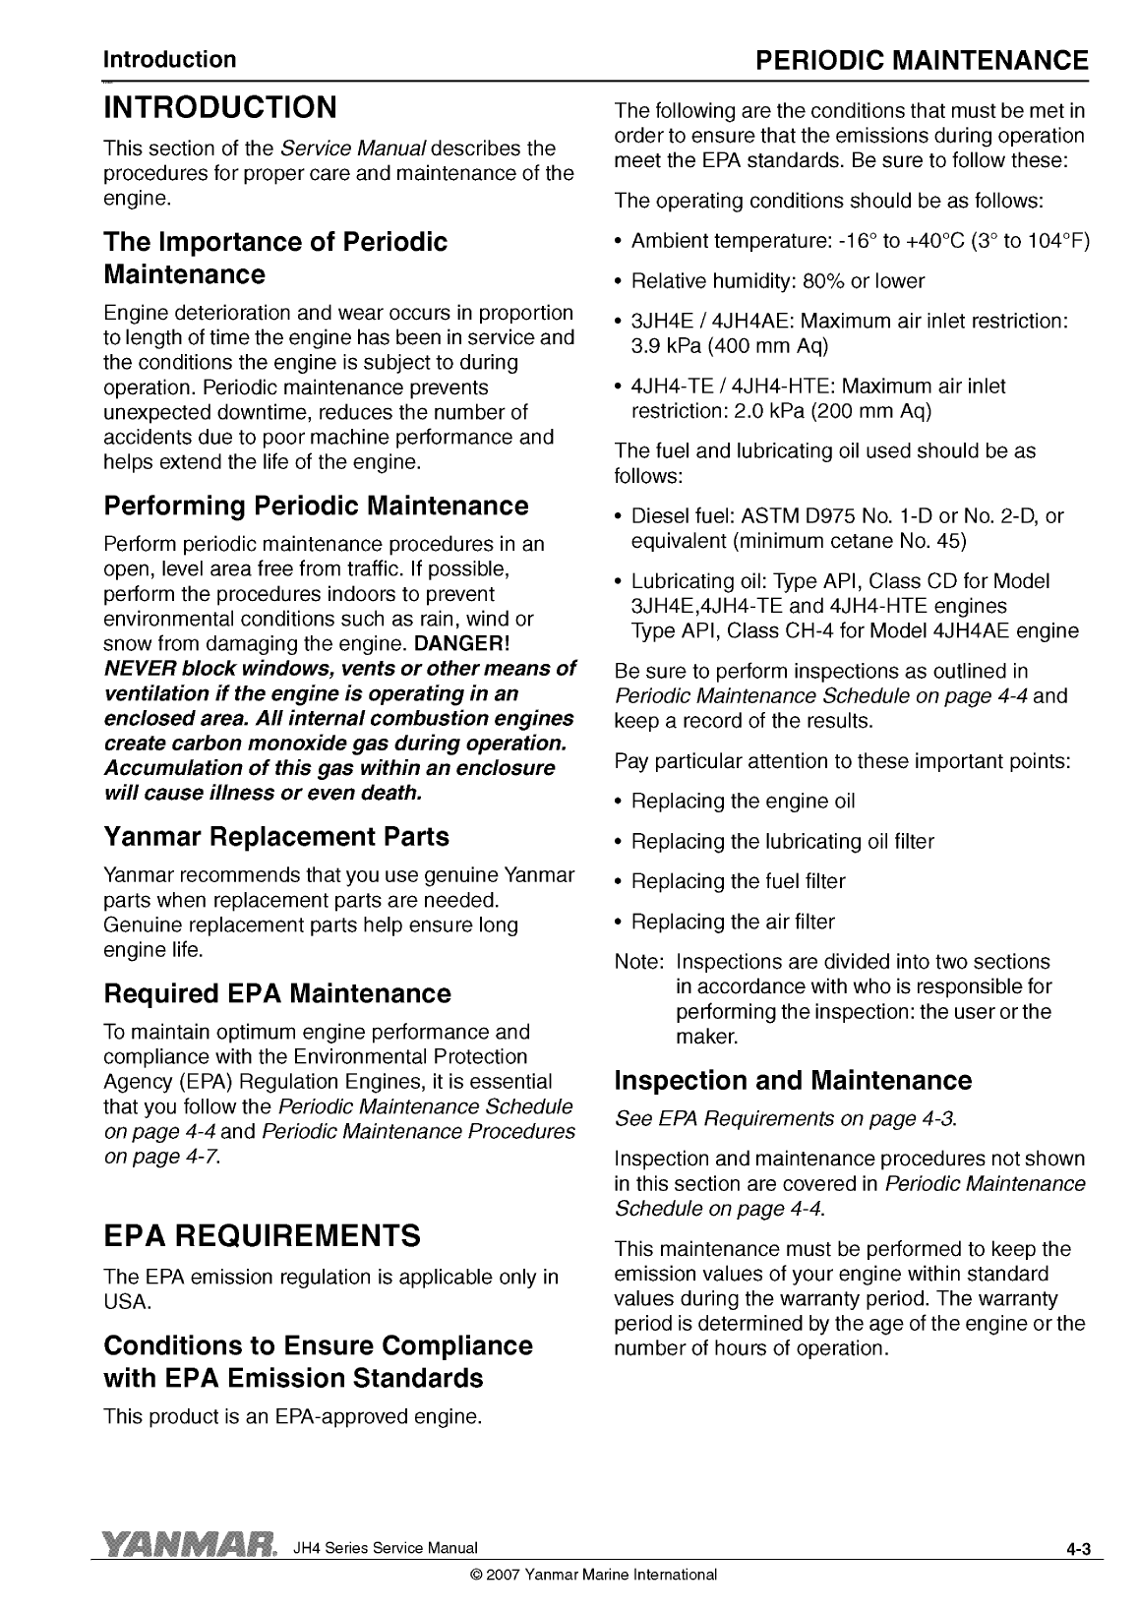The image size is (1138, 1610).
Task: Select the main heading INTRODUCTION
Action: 220,106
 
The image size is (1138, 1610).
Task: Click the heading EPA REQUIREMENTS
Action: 262,1234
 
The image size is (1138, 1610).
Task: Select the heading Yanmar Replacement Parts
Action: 275,837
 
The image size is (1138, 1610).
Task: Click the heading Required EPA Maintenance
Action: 276,993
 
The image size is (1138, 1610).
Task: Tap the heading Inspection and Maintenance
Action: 792,1081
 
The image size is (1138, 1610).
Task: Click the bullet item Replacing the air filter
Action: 732,922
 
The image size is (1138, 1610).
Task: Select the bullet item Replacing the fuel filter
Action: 738,881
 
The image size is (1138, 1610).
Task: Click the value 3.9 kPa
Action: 665,346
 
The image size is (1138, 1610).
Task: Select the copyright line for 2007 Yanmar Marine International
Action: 594,1574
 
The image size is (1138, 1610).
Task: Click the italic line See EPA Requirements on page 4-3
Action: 785,1119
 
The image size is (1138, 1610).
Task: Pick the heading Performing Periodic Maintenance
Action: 316,507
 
